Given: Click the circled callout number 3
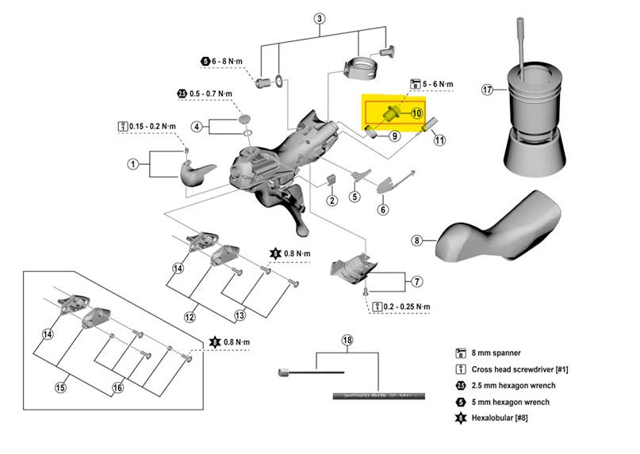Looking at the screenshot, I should tap(320, 18).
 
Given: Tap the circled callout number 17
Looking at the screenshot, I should tap(488, 90).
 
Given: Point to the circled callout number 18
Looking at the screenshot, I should tap(347, 341).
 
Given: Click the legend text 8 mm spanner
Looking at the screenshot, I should tap(498, 354).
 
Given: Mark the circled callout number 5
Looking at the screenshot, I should tap(354, 196).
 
